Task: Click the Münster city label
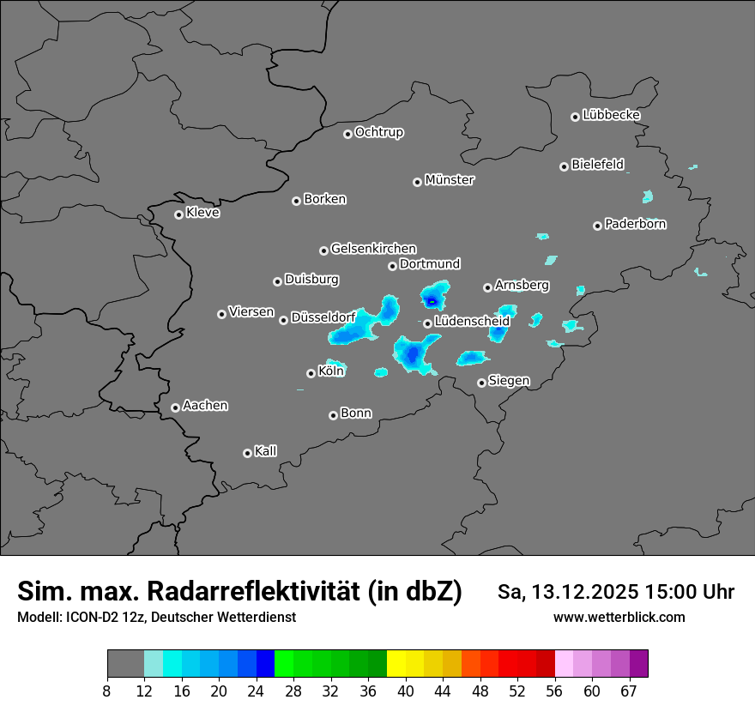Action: [450, 180]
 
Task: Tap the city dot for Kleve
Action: [178, 214]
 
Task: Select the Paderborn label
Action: [636, 224]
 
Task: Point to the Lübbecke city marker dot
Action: [575, 117]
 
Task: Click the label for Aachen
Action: [206, 406]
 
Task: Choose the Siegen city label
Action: [509, 381]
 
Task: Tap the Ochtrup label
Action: [379, 132]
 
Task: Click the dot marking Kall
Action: [247, 453]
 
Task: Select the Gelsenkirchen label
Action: [373, 249]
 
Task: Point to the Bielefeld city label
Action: [598, 165]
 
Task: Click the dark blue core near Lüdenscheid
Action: [432, 301]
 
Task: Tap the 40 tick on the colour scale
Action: [407, 691]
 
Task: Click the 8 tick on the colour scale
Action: [107, 691]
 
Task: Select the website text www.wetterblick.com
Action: [619, 618]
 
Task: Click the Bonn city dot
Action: [333, 415]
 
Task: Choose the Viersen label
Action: [251, 312]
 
